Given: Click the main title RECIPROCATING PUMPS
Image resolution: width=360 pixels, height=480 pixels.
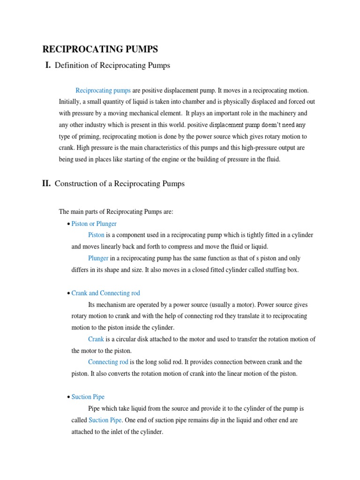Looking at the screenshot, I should [x=100, y=49].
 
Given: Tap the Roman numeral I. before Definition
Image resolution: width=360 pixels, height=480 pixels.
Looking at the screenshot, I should [x=47, y=66].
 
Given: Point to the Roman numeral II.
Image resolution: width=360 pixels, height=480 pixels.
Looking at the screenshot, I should [x=46, y=184].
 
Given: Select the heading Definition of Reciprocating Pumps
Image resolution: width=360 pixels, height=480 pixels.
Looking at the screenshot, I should [x=112, y=66].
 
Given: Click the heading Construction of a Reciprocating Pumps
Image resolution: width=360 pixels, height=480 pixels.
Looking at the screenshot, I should [x=120, y=184].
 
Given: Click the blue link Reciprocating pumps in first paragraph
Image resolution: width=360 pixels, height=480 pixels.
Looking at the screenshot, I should [x=103, y=90].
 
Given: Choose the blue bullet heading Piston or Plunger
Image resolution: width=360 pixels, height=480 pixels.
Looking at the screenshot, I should [x=94, y=224].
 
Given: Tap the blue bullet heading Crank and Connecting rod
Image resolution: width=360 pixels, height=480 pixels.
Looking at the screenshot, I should [x=105, y=293].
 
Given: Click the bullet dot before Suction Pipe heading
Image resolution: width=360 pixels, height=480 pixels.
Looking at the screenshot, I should [x=68, y=397].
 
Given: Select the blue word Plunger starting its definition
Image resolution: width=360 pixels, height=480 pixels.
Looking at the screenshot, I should [x=98, y=258].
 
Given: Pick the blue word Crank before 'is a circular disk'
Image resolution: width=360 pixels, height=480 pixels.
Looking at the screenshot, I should [x=96, y=339].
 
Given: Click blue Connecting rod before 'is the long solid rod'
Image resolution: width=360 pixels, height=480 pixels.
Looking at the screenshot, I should [x=108, y=362].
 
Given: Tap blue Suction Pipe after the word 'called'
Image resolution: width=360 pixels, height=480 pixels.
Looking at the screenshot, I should [x=105, y=420].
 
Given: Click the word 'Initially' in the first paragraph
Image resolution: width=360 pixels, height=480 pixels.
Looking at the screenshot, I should [x=70, y=102].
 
